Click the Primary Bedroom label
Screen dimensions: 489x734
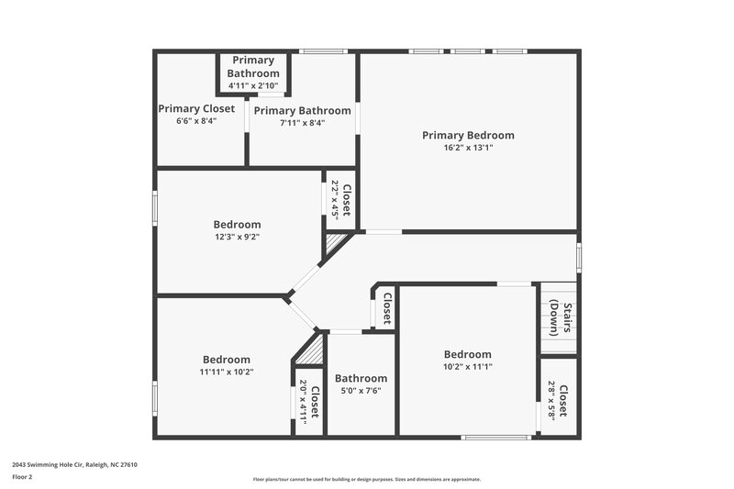468,135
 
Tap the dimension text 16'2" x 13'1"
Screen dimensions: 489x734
468,148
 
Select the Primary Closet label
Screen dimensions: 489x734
196,108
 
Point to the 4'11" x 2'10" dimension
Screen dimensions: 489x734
253,85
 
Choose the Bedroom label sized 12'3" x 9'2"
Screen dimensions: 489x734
237,224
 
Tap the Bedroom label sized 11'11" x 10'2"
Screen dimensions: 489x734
226,360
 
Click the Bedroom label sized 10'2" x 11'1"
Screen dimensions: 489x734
467,354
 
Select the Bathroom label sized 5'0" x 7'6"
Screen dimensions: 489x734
361,378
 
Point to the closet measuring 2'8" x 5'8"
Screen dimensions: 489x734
557,401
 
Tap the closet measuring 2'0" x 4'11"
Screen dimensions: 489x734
309,401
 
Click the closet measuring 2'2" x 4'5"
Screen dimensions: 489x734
340,199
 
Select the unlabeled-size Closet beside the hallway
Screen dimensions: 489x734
386,308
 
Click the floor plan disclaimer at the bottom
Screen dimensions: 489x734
366,479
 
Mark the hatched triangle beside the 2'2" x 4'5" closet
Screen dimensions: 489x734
334,243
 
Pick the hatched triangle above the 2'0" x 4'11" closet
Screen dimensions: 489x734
311,350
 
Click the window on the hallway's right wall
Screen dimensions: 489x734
579,256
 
